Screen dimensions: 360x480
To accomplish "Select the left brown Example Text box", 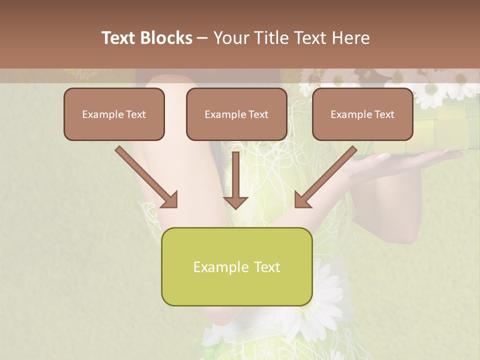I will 114,114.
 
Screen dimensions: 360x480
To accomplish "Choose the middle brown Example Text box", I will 236,114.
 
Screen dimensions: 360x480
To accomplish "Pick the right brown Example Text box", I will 362,114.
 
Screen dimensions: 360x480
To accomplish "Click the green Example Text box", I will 236,266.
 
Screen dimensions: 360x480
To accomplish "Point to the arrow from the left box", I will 145,176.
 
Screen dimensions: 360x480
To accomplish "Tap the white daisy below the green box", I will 320,295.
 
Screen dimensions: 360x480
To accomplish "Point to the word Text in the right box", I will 384,114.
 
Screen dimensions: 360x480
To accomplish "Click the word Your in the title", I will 230,38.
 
